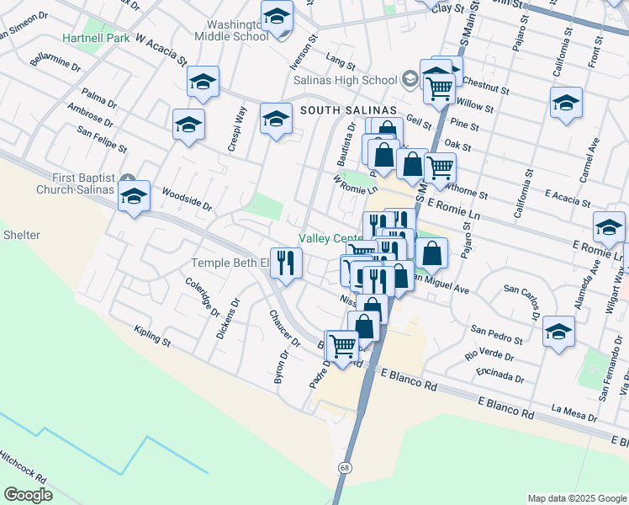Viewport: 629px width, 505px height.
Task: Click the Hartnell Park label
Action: point(96,39)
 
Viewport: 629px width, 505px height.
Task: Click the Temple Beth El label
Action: point(229,263)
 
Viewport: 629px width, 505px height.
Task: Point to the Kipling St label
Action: point(152,337)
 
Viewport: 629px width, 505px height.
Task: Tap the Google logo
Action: point(28,495)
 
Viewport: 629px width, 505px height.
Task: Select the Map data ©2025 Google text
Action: point(576,498)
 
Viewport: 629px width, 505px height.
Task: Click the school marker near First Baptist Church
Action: point(134,198)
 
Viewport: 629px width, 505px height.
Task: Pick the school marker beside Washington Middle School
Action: point(276,17)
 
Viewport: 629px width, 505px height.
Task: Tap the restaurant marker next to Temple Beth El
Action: point(286,263)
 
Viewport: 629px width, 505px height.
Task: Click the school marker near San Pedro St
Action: point(558,332)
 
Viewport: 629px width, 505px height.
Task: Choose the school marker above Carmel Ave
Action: point(566,104)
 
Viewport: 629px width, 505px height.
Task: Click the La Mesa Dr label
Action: point(574,412)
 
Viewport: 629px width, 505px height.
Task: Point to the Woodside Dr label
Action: point(187,198)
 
